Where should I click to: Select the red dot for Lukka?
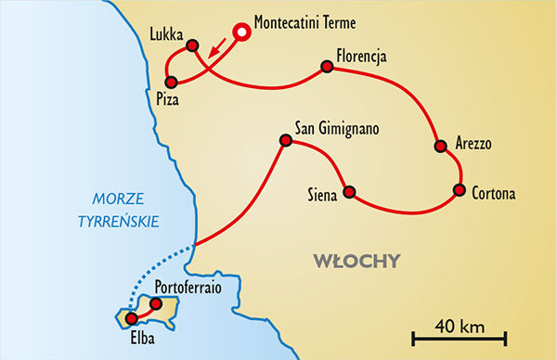tap(192, 45)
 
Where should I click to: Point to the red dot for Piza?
tap(170, 82)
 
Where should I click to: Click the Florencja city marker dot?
tap(327, 66)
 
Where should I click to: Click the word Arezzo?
tap(473, 144)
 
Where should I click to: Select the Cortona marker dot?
tap(459, 190)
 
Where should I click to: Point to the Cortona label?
tap(494, 194)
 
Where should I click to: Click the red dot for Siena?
tap(349, 193)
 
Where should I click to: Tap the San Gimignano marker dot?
tap(286, 141)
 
